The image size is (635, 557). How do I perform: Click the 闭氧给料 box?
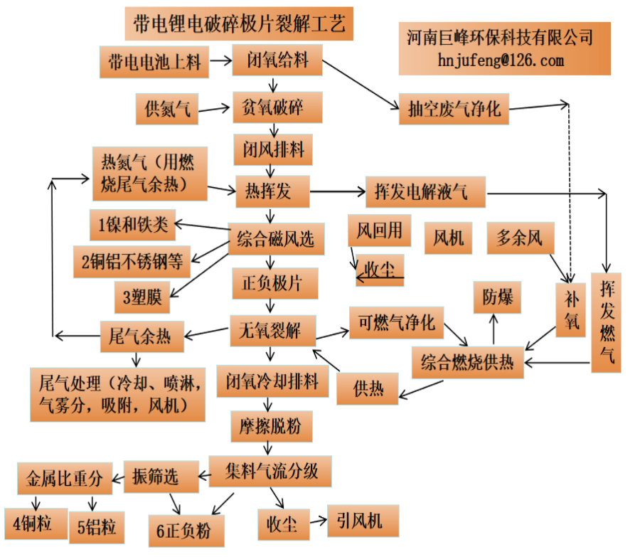278,60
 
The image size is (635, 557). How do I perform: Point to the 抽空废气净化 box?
454,109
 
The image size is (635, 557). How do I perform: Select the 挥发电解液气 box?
425,191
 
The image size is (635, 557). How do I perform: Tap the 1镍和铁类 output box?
134,226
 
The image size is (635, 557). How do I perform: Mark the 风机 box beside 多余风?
448,238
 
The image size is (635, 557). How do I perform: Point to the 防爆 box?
497,297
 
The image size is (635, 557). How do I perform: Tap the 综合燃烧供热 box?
468,361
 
